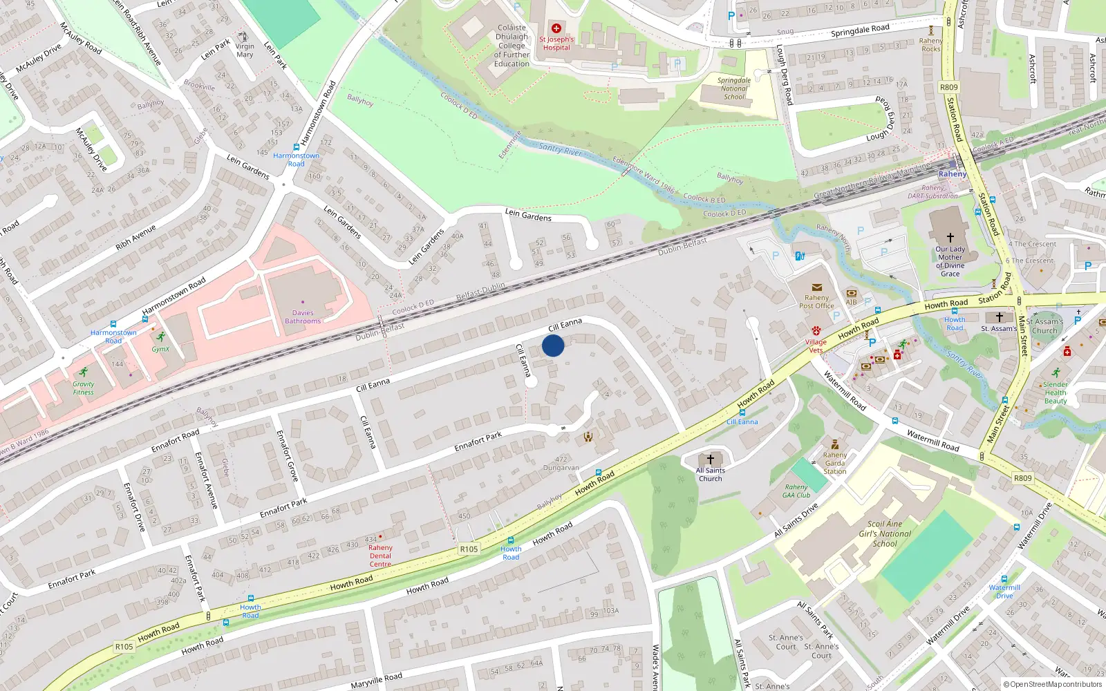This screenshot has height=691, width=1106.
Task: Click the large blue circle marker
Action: point(553,345)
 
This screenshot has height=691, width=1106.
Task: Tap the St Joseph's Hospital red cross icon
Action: point(556,28)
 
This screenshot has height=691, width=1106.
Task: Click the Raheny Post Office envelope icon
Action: point(816,287)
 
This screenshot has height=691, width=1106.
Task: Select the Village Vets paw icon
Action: point(816,331)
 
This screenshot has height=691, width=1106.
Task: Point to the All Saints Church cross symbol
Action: point(710,460)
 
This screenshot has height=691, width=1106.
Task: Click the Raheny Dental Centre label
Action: point(380,556)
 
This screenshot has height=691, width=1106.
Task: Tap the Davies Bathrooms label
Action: point(303,317)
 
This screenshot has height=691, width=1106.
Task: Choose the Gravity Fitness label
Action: point(83,388)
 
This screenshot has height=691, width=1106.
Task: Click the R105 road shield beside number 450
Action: point(469,549)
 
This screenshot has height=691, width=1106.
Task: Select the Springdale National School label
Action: point(734,88)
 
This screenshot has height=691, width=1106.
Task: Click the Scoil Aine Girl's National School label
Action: point(885,533)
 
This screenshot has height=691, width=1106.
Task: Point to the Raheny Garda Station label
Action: point(835,463)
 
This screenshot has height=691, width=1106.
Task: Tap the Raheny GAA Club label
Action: point(796,491)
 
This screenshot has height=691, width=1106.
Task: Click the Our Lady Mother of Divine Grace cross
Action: point(950,237)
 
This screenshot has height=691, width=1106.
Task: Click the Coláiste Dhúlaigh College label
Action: point(512,46)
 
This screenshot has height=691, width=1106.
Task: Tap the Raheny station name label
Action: point(953,174)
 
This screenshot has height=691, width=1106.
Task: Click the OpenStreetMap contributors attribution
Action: point(1053,684)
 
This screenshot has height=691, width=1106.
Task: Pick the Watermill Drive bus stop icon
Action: point(1004,579)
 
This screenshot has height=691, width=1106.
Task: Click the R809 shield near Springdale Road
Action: point(949,87)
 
